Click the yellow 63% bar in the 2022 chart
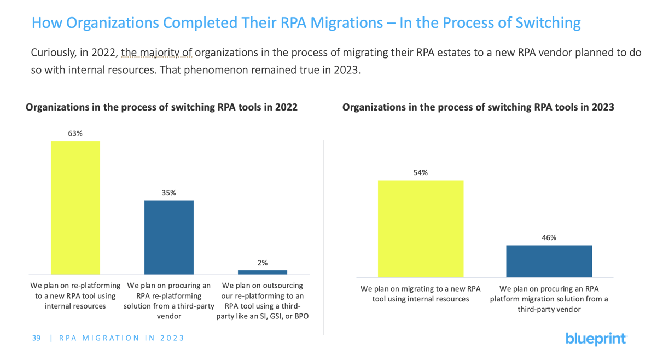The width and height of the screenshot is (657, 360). tap(75, 207)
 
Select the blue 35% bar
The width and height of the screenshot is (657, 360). tap(168, 237)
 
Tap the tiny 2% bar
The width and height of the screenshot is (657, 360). tap(262, 272)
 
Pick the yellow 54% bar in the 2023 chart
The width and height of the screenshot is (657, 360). tap(421, 229)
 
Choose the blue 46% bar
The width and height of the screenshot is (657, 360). tap(549, 261)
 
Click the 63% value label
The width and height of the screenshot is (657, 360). tap(75, 133)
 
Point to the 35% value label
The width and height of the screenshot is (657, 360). tap(168, 193)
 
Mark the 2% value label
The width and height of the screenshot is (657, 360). tap(263, 263)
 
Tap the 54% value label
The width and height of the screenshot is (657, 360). tap(421, 172)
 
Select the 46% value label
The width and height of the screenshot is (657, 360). tap(549, 237)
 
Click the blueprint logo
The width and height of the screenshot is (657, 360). tap(596, 339)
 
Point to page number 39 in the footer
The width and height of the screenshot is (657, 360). tap(36, 338)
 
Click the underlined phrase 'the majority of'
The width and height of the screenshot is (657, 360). tap(156, 53)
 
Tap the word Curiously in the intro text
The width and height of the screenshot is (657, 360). tap(53, 53)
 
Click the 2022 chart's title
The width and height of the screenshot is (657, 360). tap(161, 107)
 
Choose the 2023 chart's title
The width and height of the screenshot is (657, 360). tap(478, 107)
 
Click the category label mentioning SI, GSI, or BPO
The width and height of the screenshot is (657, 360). tap(262, 301)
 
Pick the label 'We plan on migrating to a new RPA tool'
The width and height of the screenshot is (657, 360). tap(420, 294)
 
